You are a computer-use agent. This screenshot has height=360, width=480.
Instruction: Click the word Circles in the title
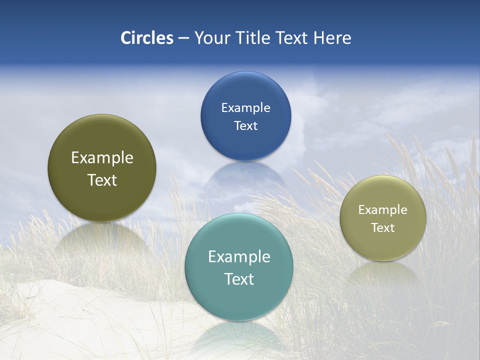(x=147, y=38)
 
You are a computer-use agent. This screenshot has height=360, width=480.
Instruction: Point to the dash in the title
(x=183, y=38)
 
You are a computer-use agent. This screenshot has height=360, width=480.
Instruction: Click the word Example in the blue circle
(x=245, y=107)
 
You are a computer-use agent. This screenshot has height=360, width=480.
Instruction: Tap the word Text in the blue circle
(x=245, y=125)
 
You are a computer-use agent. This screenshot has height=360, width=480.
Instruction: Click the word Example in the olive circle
(x=102, y=158)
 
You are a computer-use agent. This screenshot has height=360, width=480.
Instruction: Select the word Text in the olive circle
(x=102, y=180)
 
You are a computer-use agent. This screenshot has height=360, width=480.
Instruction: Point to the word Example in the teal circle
(x=239, y=257)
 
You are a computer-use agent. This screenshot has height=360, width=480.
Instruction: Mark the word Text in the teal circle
(x=239, y=279)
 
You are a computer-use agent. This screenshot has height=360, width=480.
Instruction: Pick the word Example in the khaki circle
(x=383, y=209)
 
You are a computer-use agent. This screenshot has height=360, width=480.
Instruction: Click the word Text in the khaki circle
(x=383, y=227)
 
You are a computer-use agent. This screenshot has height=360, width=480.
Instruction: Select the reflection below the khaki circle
(x=383, y=272)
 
